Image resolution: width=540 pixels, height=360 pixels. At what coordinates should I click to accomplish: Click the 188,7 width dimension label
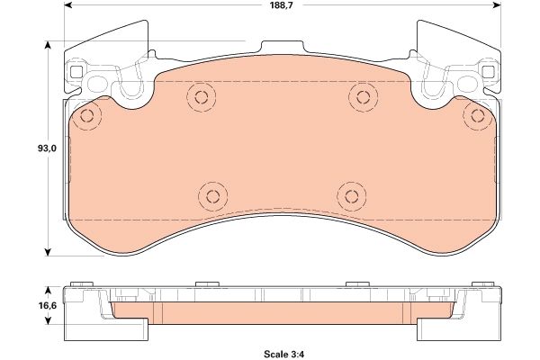(x=282, y=5)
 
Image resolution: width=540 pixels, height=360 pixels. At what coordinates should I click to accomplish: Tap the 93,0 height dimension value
(x=47, y=148)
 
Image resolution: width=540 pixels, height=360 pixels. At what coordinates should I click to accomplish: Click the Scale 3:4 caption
(x=284, y=354)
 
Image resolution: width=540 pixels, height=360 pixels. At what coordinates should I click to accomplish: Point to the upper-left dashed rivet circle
(x=202, y=97)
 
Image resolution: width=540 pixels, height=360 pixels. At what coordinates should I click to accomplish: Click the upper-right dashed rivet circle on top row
(x=363, y=97)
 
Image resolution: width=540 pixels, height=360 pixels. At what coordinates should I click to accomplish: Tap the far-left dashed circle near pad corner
(x=86, y=116)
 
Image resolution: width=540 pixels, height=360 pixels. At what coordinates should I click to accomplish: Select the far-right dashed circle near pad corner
(x=478, y=116)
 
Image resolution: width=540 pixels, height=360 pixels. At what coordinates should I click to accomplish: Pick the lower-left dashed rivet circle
(x=212, y=196)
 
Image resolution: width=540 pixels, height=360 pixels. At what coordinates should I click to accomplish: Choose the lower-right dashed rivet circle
(x=352, y=196)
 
